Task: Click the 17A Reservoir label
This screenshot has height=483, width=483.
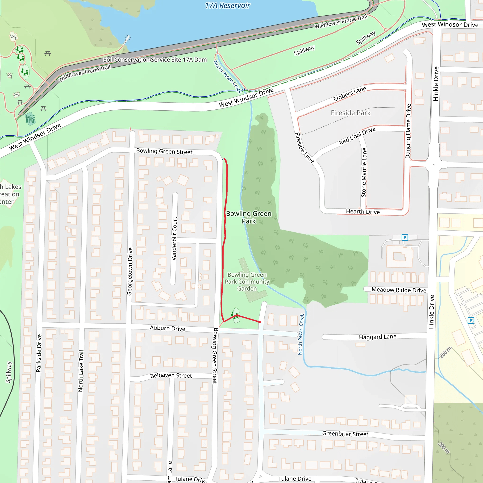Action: [227, 5]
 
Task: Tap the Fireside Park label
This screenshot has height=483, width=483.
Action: [350, 113]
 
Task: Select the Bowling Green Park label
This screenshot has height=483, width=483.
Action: [249, 217]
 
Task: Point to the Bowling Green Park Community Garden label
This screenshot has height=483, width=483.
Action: [247, 282]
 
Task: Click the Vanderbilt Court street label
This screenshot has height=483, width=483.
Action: [175, 238]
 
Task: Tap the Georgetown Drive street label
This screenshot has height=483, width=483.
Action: [130, 271]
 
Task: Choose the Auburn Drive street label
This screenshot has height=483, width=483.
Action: [167, 328]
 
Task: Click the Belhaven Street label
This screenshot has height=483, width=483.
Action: [171, 375]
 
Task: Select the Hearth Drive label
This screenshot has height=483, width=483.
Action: [363, 212]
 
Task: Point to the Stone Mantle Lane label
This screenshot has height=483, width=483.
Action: [364, 172]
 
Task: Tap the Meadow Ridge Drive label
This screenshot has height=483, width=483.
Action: [399, 290]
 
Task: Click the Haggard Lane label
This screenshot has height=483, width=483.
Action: [378, 337]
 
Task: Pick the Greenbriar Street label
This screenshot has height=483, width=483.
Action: [345, 434]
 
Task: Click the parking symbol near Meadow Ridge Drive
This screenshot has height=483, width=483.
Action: [405, 237]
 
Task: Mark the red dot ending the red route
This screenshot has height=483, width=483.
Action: [259, 322]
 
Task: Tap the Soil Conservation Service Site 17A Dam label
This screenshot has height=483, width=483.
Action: [155, 60]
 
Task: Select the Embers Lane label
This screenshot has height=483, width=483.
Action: [350, 94]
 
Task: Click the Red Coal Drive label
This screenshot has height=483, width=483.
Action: [357, 136]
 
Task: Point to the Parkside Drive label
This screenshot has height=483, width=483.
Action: [39, 353]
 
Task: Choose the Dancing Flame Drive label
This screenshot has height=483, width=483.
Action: [408, 131]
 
